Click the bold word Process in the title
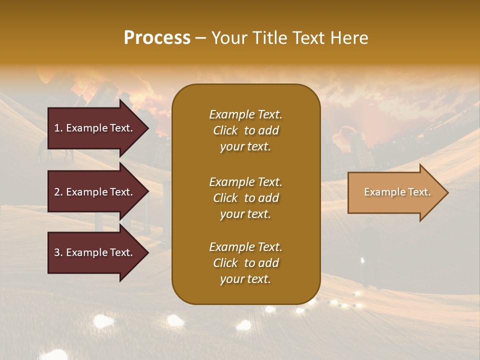(157, 38)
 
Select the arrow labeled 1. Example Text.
(95, 128)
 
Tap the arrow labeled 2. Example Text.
(95, 192)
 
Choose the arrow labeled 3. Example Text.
(95, 252)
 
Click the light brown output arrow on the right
(395, 192)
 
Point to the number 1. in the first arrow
(58, 128)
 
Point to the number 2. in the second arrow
(58, 192)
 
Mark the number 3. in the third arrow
(58, 252)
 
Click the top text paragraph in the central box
(245, 130)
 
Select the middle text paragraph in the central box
(245, 198)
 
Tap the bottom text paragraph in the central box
(245, 263)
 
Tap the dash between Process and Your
(201, 38)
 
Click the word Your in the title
(227, 38)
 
